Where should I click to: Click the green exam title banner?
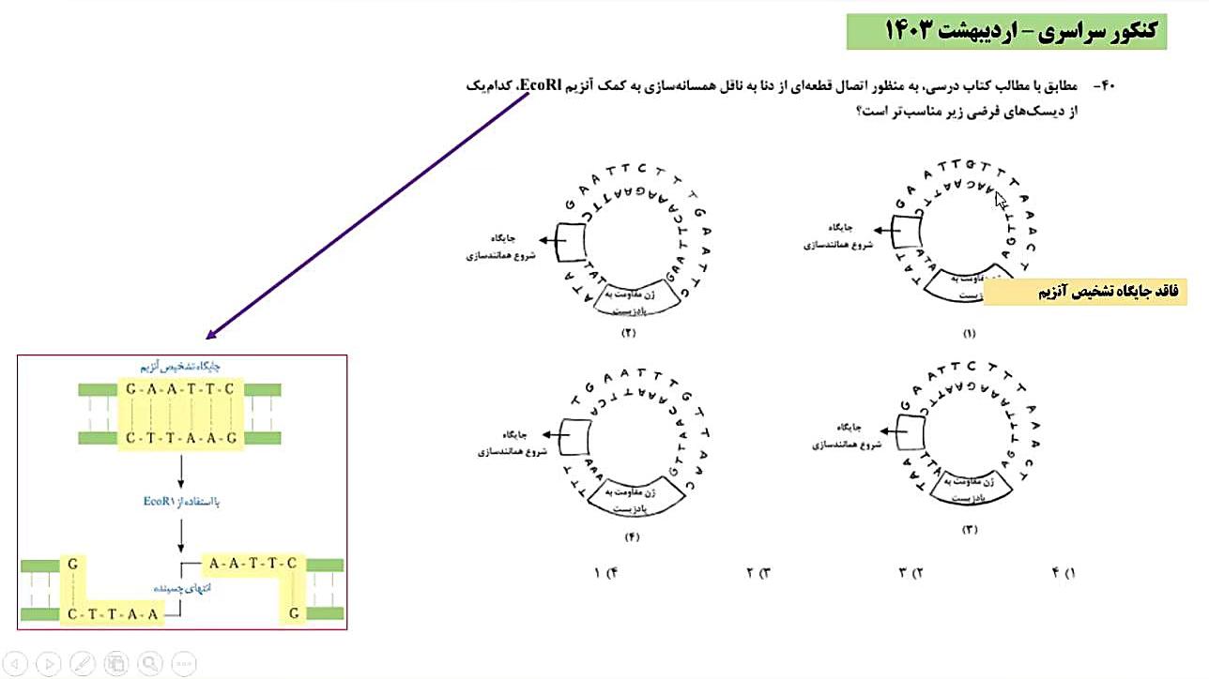point(1006,31)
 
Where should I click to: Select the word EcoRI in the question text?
point(537,86)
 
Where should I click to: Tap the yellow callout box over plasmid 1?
point(1084,292)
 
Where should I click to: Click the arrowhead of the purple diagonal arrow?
point(211,336)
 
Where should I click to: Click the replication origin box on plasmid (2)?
point(570,242)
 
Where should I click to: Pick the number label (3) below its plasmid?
point(969,530)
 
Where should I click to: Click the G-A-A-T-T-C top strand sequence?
point(179,388)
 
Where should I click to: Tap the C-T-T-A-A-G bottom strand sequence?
point(179,438)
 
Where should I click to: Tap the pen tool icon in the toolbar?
point(82,663)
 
